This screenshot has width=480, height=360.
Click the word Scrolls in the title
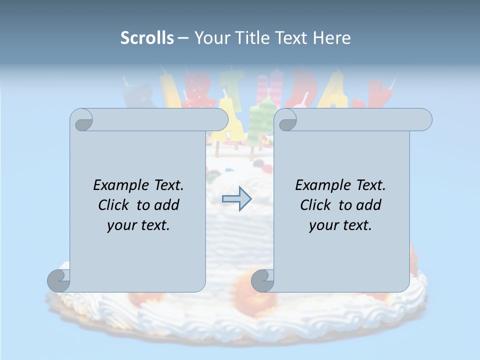click(147, 38)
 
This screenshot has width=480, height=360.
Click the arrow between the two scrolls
click(236, 199)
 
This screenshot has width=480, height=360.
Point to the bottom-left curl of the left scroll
click(59, 280)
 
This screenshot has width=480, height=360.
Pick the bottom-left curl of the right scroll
click(263, 280)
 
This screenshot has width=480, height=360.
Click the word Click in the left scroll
click(114, 205)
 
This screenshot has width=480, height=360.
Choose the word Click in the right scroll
click(316, 205)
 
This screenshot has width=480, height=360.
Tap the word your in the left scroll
click(121, 225)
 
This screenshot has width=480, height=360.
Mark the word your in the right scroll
click(323, 225)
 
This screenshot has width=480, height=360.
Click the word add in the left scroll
click(166, 205)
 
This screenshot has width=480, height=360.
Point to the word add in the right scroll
click(368, 205)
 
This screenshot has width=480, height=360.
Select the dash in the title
click(182, 38)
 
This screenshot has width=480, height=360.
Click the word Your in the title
click(210, 38)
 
